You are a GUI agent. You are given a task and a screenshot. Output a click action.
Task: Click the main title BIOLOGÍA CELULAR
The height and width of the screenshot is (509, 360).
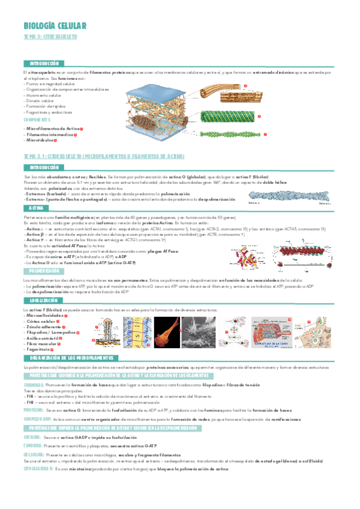(55, 25)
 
